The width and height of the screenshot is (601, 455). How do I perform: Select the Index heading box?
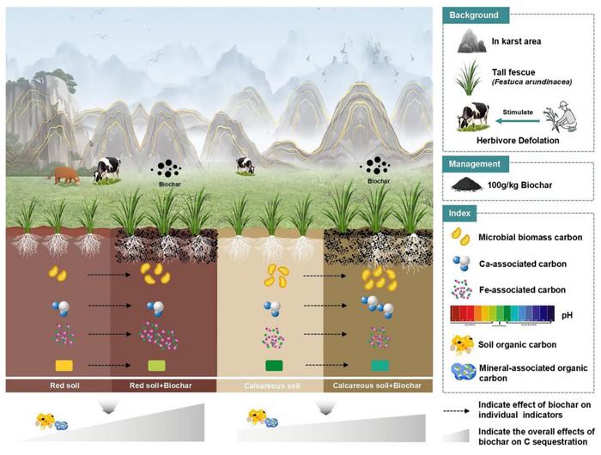click(x=468, y=212)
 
